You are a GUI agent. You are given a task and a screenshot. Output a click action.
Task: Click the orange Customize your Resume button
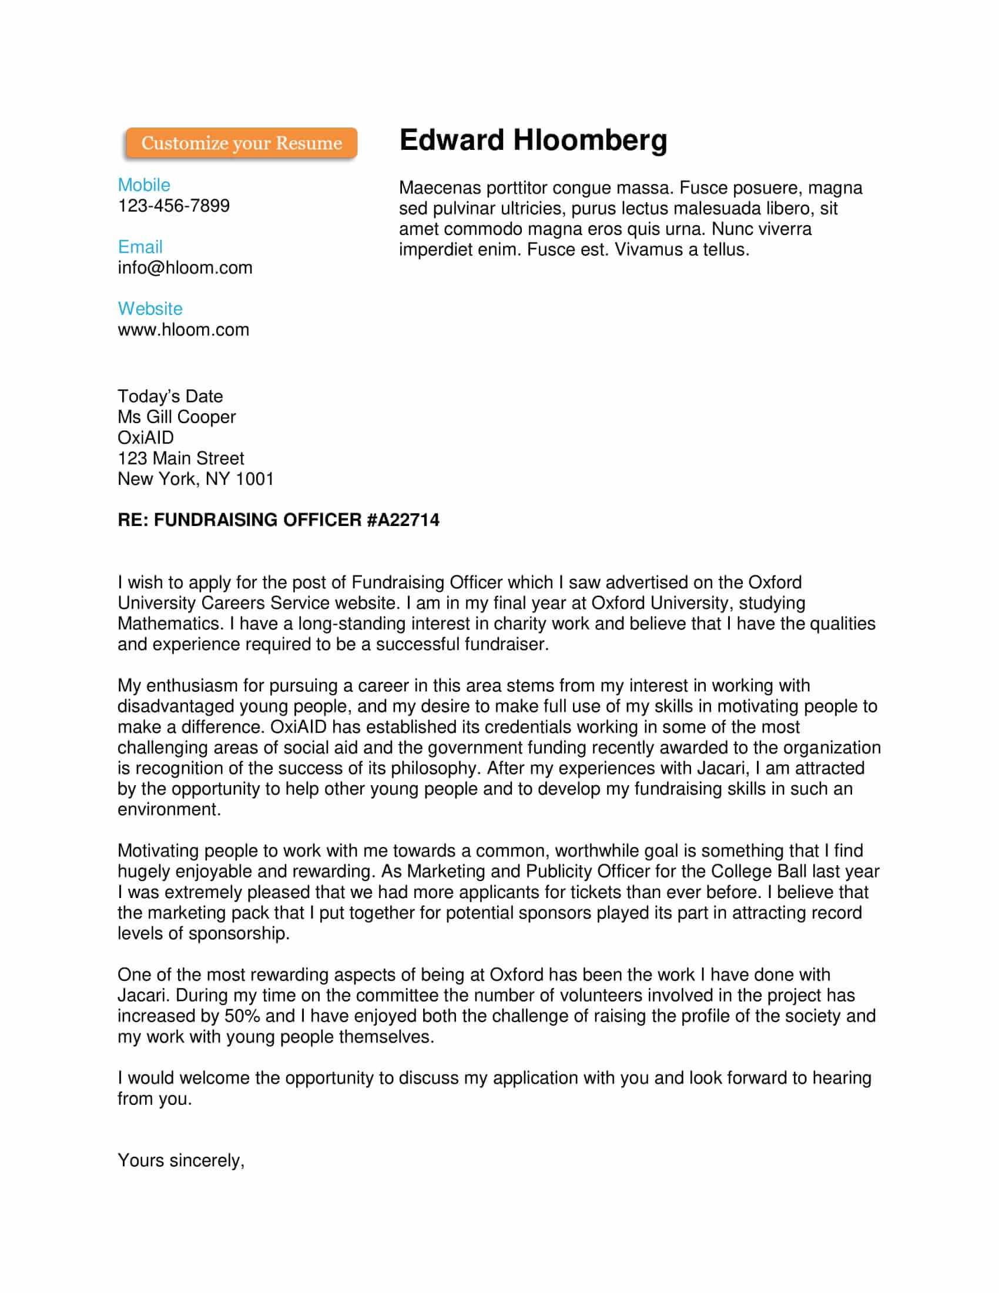(x=241, y=143)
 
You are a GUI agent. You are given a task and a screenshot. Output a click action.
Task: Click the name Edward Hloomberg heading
(x=532, y=140)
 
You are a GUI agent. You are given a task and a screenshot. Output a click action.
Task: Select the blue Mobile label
(x=144, y=185)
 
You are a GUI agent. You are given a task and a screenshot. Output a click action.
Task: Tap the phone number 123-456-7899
(x=173, y=206)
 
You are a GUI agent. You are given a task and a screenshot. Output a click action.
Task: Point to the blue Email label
(x=140, y=247)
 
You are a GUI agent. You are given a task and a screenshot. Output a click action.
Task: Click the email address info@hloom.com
(x=185, y=267)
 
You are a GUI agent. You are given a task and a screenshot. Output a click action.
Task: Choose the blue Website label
(x=150, y=309)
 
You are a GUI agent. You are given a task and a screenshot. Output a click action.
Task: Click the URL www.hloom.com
(x=183, y=330)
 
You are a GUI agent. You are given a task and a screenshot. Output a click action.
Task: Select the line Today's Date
(x=170, y=396)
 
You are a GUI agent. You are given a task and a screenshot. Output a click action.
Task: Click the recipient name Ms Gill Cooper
(x=176, y=417)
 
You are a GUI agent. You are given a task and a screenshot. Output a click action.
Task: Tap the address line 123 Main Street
(x=180, y=458)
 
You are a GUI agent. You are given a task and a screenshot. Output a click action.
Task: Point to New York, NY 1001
(x=195, y=479)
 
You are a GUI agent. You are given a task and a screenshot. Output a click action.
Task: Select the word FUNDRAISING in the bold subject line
(x=216, y=520)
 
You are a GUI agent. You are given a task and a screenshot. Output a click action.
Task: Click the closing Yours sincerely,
(x=180, y=1160)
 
